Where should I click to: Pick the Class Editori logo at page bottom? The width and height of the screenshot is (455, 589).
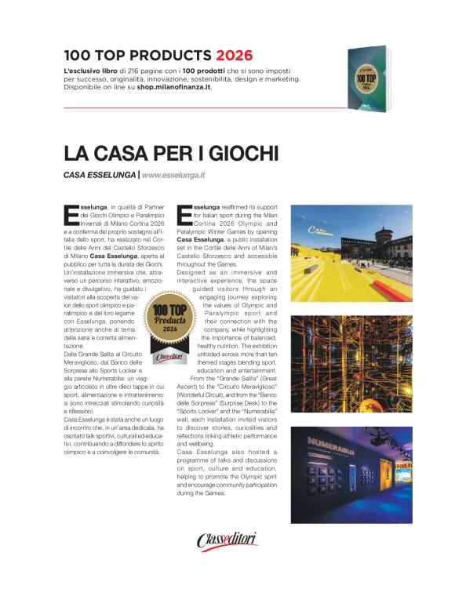[227, 540]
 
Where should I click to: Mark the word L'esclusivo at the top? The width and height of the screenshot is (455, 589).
[83, 71]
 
